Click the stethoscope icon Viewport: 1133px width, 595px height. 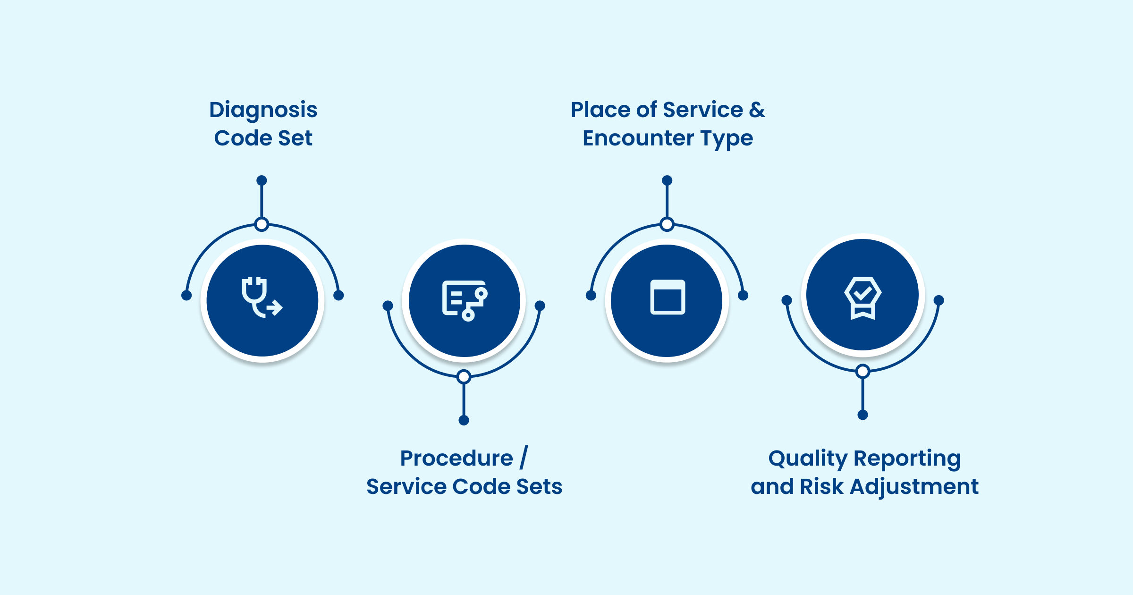(x=262, y=298)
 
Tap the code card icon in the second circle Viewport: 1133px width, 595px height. (x=465, y=301)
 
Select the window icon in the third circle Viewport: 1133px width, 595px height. (x=668, y=297)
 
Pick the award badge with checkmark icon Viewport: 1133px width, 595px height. (x=862, y=298)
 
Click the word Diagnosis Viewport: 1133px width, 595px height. (x=263, y=110)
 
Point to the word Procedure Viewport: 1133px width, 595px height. (x=457, y=458)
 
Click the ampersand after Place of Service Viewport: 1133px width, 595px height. (x=757, y=110)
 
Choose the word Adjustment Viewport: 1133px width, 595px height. (x=914, y=486)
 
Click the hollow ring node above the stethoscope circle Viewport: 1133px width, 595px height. (x=262, y=224)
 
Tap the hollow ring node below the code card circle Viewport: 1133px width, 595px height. (x=464, y=377)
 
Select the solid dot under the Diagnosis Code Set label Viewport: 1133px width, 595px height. (x=262, y=180)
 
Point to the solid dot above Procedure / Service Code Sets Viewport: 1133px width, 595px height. (x=464, y=420)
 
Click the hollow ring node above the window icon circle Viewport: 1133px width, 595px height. (x=667, y=224)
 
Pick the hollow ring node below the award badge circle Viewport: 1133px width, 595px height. (x=862, y=371)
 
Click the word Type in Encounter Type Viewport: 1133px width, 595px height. (x=727, y=138)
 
